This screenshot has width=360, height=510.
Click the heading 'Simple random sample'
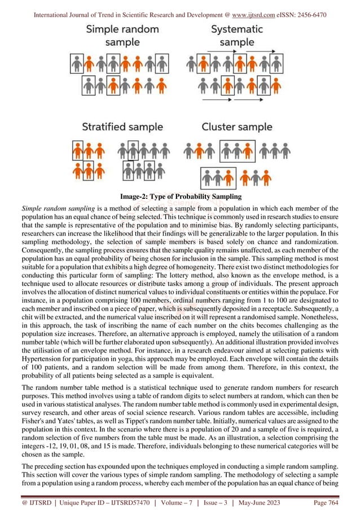click(118, 35)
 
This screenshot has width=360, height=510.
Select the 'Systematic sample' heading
click(237, 35)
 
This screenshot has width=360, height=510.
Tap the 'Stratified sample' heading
click(122, 127)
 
